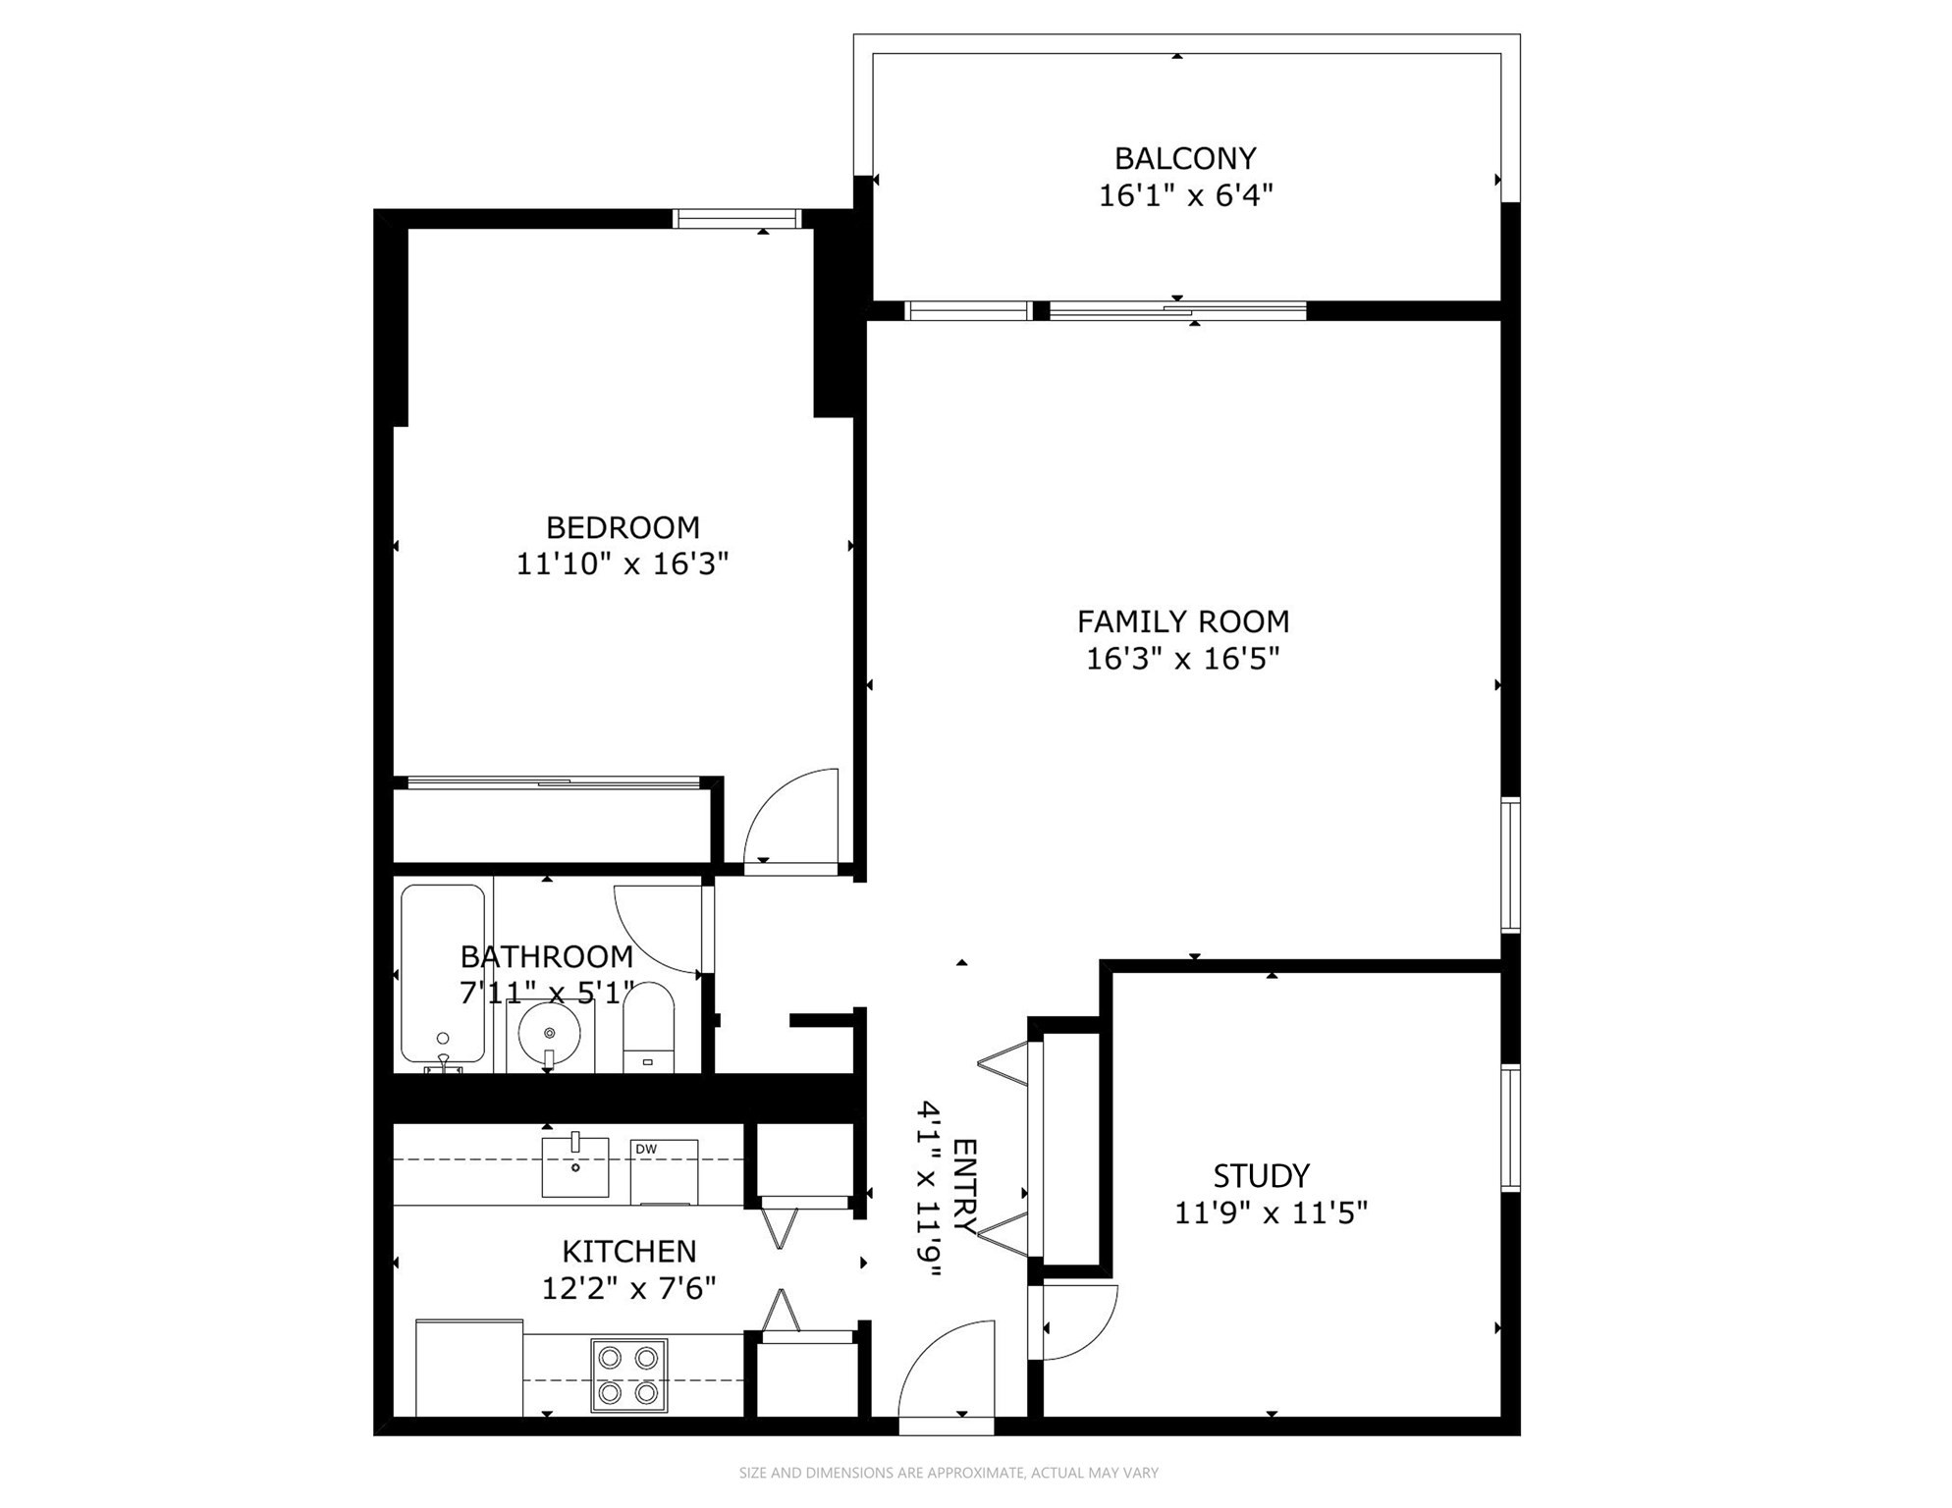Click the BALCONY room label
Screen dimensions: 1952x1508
(1185, 158)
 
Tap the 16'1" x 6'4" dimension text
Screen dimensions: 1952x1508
(1185, 195)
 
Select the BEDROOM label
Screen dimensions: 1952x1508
(623, 527)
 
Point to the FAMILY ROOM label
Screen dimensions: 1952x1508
(1183, 621)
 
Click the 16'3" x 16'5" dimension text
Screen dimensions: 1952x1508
(1183, 659)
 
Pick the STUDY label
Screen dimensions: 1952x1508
(1261, 1175)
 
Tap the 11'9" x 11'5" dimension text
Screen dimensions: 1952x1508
(1272, 1213)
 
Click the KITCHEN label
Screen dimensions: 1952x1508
(629, 1251)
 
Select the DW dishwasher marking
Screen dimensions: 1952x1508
(645, 1149)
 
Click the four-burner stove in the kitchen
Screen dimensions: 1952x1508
(628, 1375)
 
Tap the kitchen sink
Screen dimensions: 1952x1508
(575, 1165)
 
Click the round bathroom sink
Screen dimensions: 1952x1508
(549, 1034)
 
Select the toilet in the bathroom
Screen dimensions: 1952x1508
(648, 1027)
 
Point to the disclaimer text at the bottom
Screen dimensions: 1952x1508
(949, 1473)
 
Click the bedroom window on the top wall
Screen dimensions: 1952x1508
(736, 219)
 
